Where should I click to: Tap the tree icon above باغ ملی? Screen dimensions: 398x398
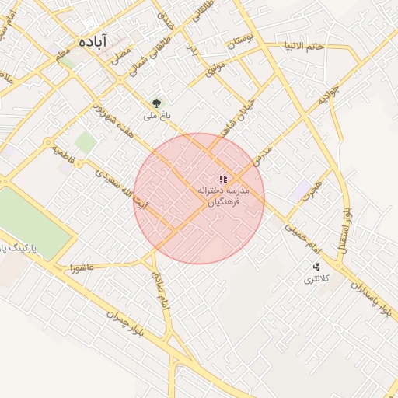pos(158,103)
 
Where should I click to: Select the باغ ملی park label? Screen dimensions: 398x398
pos(157,116)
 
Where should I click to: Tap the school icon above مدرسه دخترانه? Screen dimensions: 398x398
pos(224,178)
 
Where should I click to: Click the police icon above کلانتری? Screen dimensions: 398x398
pos(316,267)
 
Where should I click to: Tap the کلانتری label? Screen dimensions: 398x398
pos(315,278)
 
